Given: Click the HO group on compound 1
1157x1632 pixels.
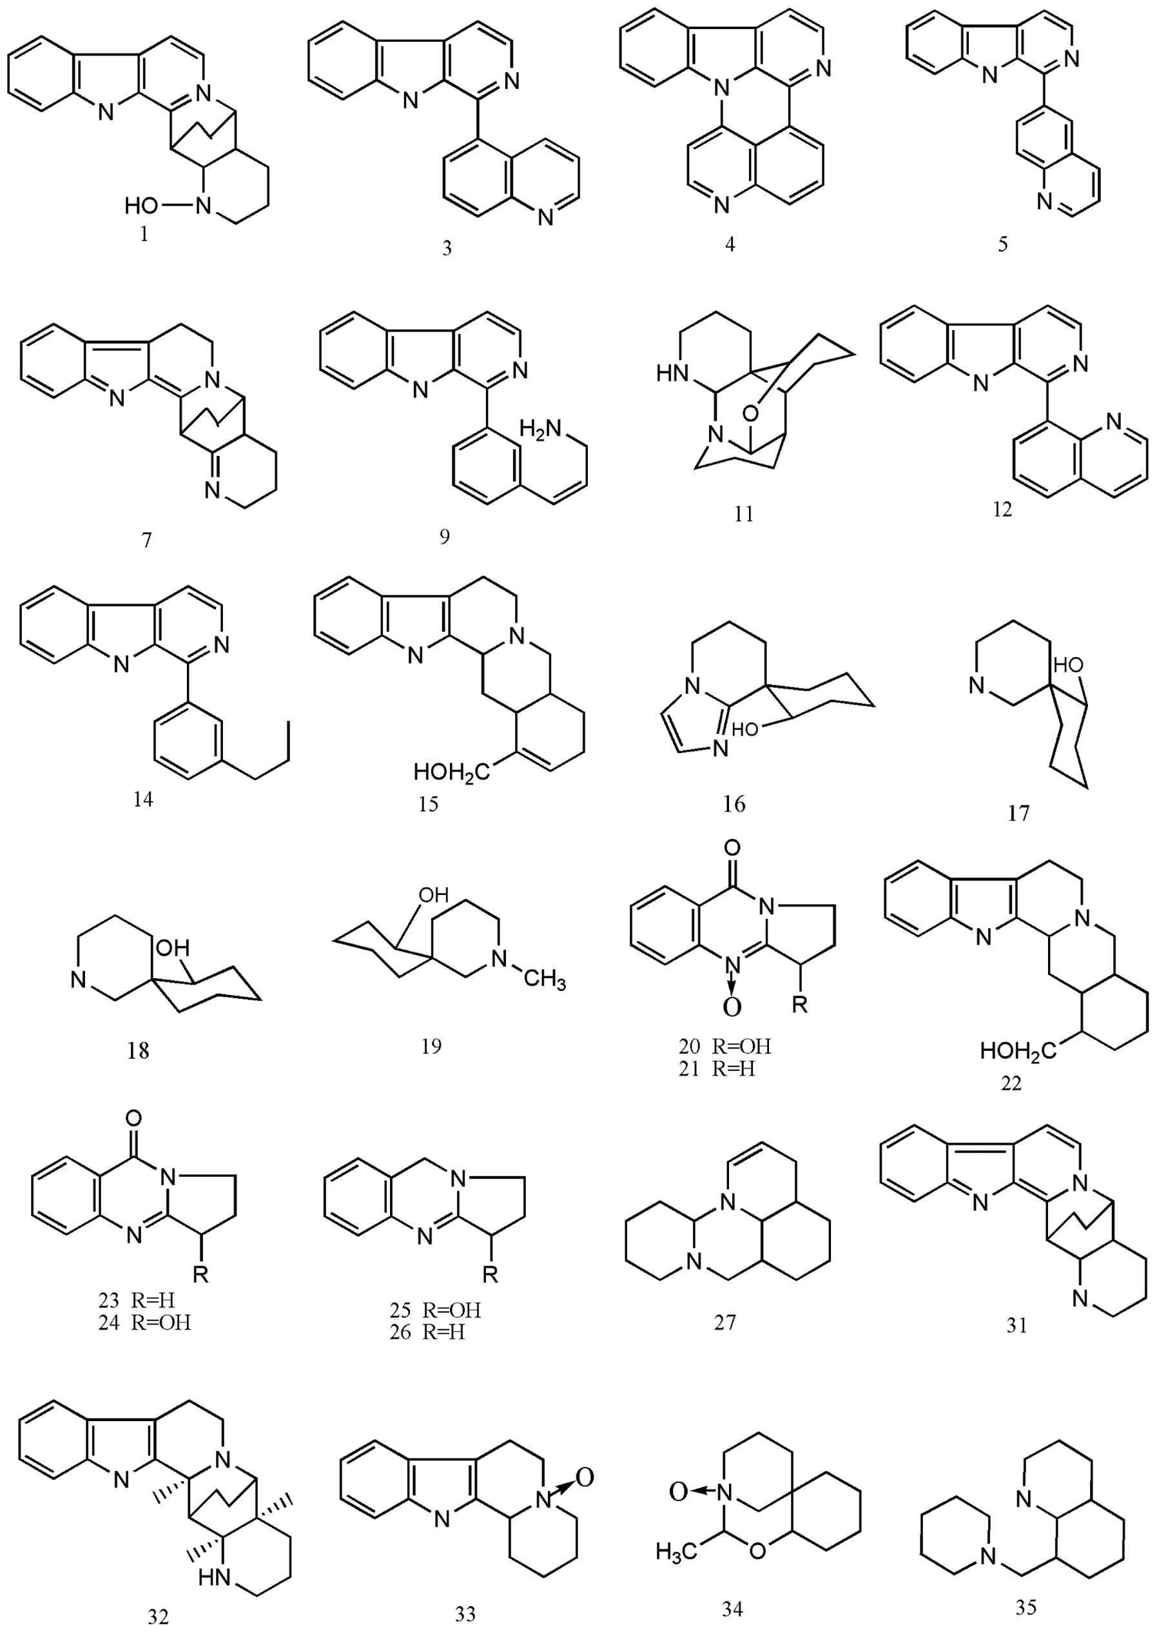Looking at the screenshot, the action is pyautogui.click(x=141, y=207).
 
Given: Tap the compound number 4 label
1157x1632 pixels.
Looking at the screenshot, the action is pyautogui.click(x=730, y=244).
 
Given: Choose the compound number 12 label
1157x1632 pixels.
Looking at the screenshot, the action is pyautogui.click(x=1002, y=510).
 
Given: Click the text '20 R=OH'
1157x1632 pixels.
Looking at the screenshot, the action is pyautogui.click(x=724, y=1047).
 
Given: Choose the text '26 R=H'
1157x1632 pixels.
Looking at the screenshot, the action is pyautogui.click(x=427, y=1332).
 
